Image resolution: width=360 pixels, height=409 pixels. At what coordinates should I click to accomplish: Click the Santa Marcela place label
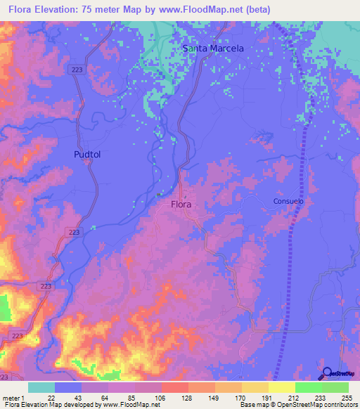[213, 48]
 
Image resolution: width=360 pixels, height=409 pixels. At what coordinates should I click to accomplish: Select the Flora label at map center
[181, 204]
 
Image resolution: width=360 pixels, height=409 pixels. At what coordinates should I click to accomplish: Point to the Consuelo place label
[288, 201]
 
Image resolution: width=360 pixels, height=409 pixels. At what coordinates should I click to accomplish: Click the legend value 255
[347, 398]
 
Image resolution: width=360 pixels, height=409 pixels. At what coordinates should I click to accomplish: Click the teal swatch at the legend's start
[41, 387]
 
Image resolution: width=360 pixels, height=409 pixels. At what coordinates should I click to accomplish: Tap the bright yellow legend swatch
[281, 387]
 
